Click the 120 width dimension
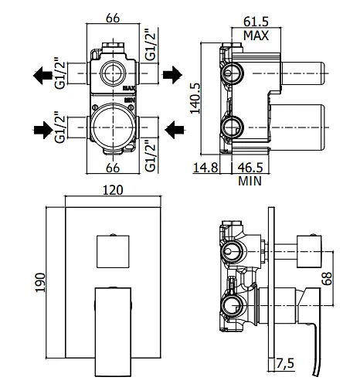[x=113, y=190]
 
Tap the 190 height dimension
[x=40, y=282]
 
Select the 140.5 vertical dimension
[x=195, y=98]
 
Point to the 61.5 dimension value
[x=256, y=22]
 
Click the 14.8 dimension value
[x=205, y=168]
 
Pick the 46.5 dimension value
[x=250, y=168]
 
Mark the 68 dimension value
[x=328, y=278]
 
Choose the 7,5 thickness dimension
[x=285, y=363]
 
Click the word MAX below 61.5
[x=256, y=36]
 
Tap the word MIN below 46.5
[x=250, y=181]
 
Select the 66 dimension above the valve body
[x=113, y=18]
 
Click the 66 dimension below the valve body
[x=113, y=168]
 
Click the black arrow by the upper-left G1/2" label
[x=42, y=75]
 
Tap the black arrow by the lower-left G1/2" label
[x=43, y=130]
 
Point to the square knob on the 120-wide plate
[x=113, y=251]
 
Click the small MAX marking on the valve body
[x=130, y=88]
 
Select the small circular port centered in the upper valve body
[x=112, y=73]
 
